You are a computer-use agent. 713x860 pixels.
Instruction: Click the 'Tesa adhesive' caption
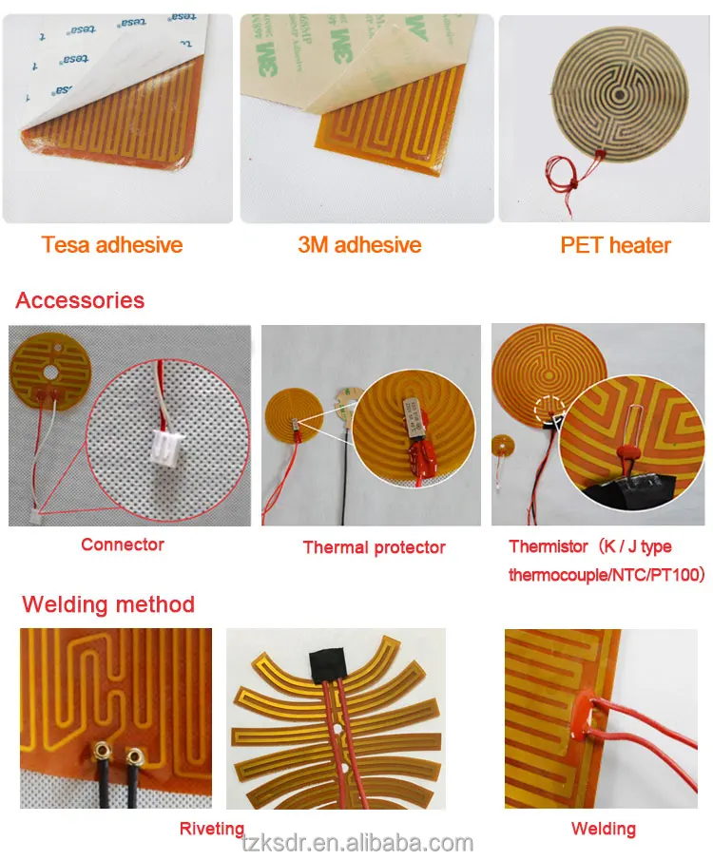click(112, 245)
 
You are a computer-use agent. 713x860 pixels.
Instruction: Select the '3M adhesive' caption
click(359, 245)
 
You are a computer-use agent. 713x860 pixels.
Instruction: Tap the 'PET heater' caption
click(615, 245)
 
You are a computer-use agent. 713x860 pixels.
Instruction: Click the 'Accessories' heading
click(80, 301)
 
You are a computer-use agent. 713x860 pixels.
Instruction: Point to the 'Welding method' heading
click(108, 604)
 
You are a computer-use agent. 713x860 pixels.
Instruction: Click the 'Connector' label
click(123, 545)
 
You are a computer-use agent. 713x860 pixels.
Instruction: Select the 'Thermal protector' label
click(374, 547)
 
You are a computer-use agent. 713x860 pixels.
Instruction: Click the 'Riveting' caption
click(212, 829)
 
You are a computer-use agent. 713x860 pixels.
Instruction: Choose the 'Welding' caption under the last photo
click(603, 829)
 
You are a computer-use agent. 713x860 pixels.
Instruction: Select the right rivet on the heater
click(135, 757)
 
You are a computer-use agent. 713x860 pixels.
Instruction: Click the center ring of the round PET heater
click(619, 95)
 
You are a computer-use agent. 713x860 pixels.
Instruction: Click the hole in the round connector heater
click(66, 360)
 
